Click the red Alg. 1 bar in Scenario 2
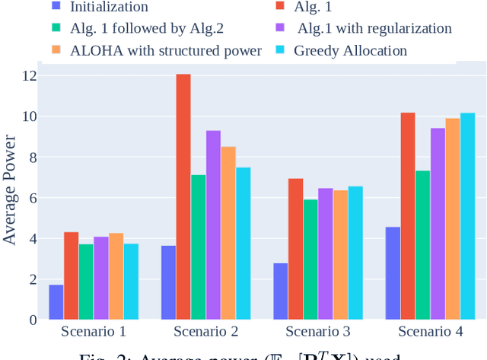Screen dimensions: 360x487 (x=183, y=197)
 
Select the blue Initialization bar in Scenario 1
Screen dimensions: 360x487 (x=56, y=302)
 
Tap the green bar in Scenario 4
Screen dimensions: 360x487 (x=422, y=245)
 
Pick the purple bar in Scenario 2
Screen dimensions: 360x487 (x=213, y=225)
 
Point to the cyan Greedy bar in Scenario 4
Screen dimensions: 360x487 (x=467, y=216)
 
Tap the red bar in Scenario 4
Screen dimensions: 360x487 (x=407, y=216)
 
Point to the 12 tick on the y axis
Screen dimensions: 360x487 (x=30, y=76)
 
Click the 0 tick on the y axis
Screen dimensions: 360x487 (x=33, y=320)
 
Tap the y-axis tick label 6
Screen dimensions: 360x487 (x=33, y=198)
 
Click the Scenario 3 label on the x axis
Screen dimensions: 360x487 (x=318, y=332)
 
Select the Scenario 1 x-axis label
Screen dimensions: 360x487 (x=94, y=332)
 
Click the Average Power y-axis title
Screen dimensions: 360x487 (x=10, y=190)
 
